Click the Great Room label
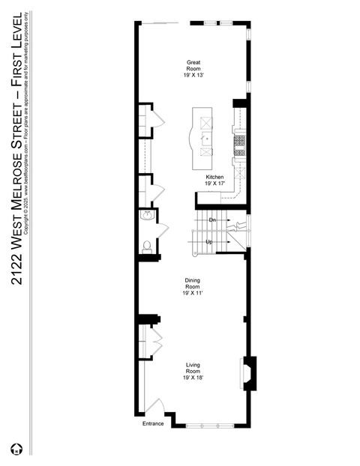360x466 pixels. click(x=193, y=65)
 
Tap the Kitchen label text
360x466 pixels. click(x=215, y=178)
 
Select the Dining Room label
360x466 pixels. click(x=193, y=285)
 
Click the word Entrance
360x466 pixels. click(x=153, y=424)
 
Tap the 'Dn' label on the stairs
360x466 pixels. click(x=212, y=220)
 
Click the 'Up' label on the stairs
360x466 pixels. click(x=209, y=242)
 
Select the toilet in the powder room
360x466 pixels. click(x=147, y=246)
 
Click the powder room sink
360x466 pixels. click(x=145, y=216)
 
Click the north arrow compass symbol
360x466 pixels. click(x=16, y=450)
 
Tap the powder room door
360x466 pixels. click(x=160, y=230)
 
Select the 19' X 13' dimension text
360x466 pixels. click(x=193, y=74)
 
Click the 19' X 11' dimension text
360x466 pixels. click(x=193, y=294)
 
